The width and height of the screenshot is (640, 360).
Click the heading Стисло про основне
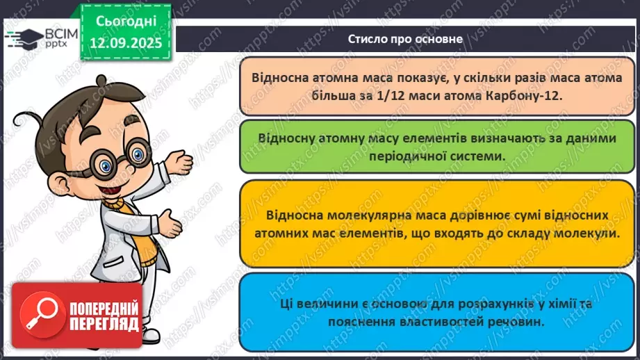point(405,39)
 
